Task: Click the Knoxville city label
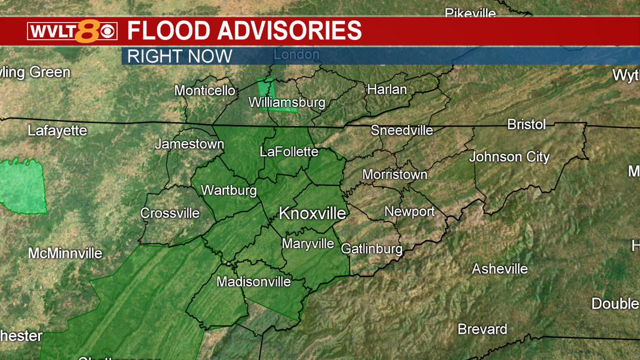click(x=313, y=214)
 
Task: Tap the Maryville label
click(x=308, y=244)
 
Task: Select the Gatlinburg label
click(x=371, y=249)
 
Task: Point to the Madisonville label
click(x=254, y=282)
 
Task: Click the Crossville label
click(x=170, y=213)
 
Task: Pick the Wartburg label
click(x=229, y=190)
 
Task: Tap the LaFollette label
click(x=289, y=152)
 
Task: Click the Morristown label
click(x=395, y=174)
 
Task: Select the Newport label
click(x=410, y=212)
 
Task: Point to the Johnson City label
click(x=509, y=157)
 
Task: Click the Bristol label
click(x=526, y=124)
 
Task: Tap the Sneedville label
click(x=402, y=130)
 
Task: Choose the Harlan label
click(x=387, y=90)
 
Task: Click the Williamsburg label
click(x=287, y=102)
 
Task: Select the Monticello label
click(x=205, y=91)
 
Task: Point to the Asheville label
click(x=500, y=269)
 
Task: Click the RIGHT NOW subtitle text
click(x=180, y=56)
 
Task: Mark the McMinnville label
click(x=65, y=253)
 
